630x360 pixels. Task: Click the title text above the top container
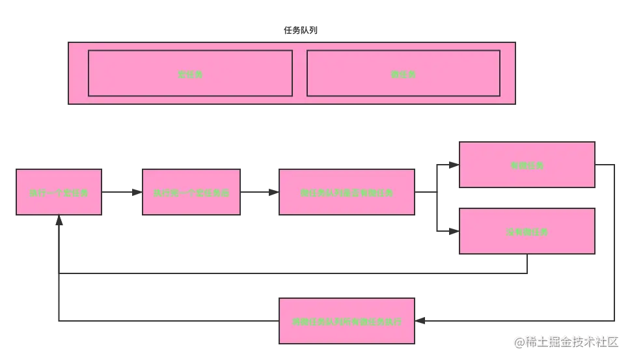299,31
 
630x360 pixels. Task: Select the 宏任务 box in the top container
190,74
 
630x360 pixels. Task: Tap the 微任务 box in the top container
403,74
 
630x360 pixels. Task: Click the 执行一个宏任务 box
59,192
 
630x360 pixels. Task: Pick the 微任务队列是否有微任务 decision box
346,192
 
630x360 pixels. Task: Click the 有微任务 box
527,165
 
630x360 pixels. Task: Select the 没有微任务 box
527,231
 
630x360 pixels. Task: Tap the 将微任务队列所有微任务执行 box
346,321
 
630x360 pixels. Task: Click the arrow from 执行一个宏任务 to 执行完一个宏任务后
122,191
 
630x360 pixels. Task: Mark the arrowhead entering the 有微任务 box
454,165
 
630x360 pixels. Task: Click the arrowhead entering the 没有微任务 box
454,230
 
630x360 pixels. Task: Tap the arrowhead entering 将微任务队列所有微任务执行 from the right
421,320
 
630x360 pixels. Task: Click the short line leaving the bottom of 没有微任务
528,264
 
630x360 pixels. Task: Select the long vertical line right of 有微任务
614,241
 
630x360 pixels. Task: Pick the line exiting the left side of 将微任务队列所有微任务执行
169,320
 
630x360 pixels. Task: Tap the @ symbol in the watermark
519,341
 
